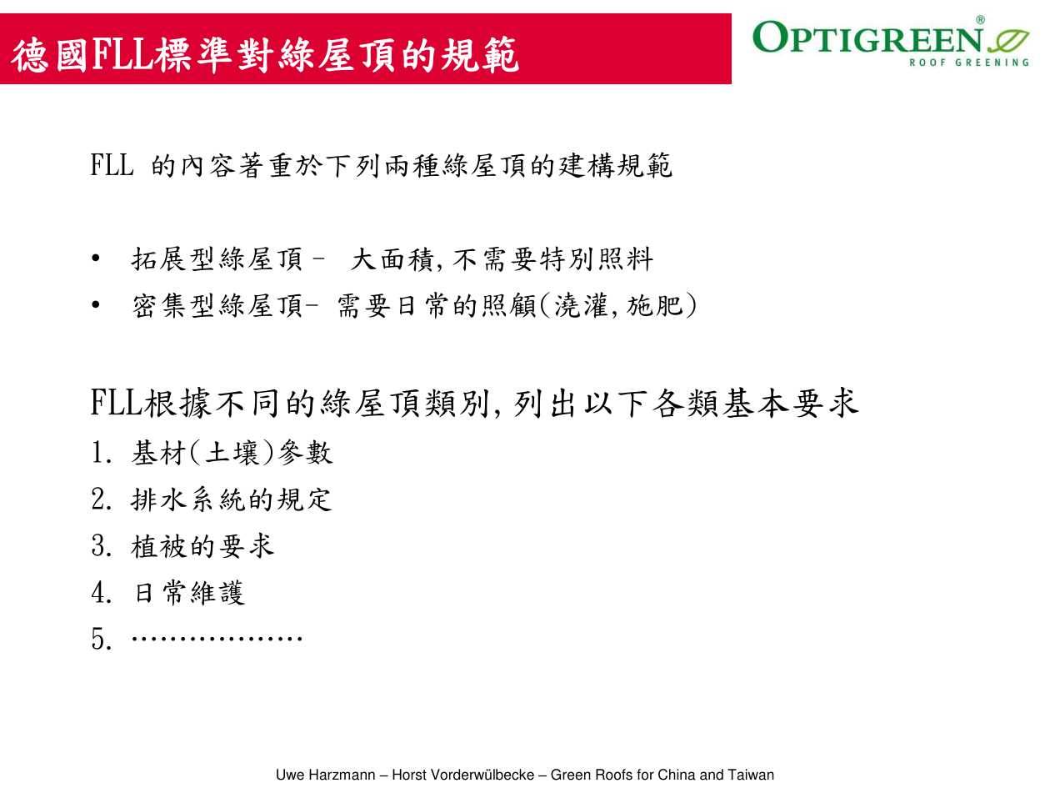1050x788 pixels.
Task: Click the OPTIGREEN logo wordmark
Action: [867, 37]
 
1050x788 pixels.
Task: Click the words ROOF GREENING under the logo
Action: [968, 63]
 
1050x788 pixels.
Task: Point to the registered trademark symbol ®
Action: [981, 20]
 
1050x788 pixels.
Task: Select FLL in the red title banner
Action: [122, 56]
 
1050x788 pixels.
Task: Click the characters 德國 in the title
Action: [50, 56]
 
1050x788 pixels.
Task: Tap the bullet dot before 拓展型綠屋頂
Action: [96, 258]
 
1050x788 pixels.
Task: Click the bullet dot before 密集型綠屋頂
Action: [96, 304]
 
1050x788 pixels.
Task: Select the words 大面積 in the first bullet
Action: [392, 260]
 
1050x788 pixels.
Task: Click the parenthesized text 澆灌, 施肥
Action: [618, 305]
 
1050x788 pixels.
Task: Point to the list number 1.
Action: [101, 452]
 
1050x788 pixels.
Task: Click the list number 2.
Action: [101, 499]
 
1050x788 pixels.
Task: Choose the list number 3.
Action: [101, 546]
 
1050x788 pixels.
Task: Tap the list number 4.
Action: [101, 592]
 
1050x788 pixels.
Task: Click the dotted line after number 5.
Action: [217, 638]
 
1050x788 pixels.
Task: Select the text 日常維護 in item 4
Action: [188, 593]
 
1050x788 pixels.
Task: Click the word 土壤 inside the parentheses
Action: [232, 453]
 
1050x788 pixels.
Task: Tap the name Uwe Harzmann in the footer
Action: [325, 774]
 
